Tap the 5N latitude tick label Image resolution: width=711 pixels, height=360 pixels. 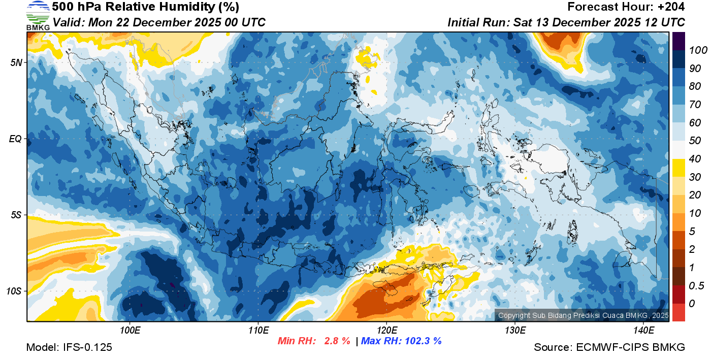(17, 62)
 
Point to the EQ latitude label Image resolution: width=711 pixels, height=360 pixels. (17, 139)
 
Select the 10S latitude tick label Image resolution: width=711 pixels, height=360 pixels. (15, 291)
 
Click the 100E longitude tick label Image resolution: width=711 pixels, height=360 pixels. (130, 330)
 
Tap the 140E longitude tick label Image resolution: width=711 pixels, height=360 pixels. (643, 330)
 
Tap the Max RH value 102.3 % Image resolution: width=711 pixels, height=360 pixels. (422, 341)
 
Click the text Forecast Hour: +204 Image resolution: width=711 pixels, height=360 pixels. (626, 7)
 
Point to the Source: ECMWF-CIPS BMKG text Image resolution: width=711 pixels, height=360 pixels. (609, 347)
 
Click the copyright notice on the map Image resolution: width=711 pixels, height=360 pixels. (583, 316)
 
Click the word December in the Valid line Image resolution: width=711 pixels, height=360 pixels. (174, 22)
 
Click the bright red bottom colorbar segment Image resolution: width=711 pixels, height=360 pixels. (678, 312)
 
